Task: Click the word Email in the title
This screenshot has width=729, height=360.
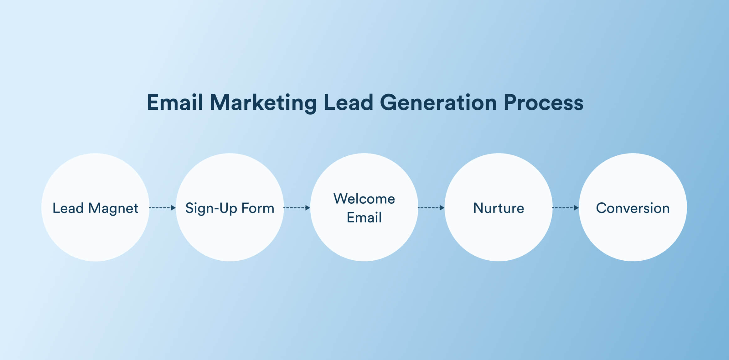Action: [175, 102]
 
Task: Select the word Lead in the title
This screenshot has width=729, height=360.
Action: [348, 102]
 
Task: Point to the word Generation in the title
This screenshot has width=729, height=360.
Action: [438, 102]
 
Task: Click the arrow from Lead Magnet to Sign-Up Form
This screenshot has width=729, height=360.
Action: [162, 208]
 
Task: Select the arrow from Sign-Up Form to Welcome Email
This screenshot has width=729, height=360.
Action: [297, 208]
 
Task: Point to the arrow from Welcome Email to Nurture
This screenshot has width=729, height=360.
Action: [431, 208]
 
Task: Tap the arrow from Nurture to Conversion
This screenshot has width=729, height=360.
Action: [565, 208]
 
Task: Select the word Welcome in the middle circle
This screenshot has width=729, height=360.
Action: [364, 199]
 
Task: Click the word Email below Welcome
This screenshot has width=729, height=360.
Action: [364, 217]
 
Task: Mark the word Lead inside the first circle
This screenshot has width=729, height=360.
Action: [68, 208]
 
